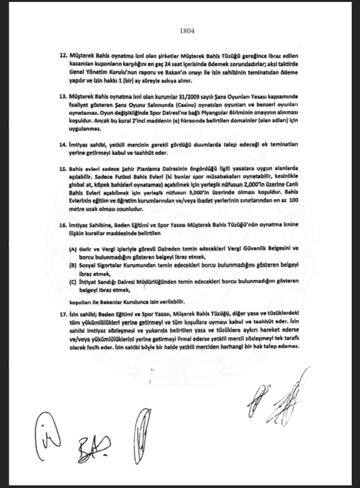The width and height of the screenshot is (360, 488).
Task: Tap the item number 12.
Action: tap(63, 58)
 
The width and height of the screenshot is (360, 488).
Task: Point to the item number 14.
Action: tap(63, 145)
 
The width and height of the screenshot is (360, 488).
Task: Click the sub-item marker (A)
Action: tap(72, 248)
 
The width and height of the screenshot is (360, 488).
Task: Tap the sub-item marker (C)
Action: tap(72, 282)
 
